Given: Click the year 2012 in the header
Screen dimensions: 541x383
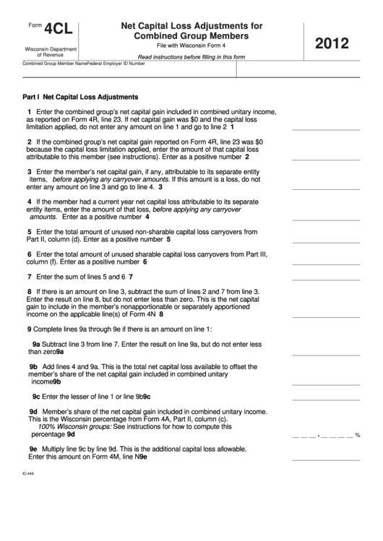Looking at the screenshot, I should point(337,44).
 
